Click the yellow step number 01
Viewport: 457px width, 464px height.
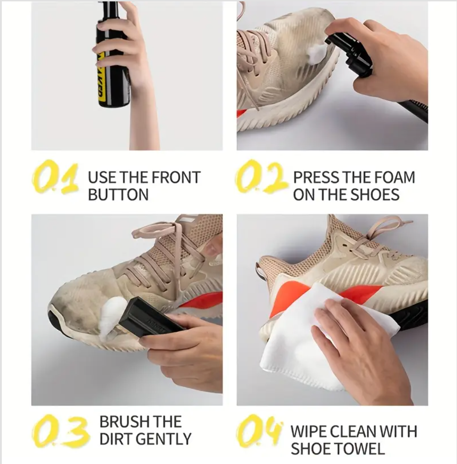tap(55, 177)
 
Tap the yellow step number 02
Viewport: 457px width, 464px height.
tap(261, 177)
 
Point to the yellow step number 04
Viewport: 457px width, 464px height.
tap(259, 432)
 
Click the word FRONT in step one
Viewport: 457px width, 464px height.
tap(176, 178)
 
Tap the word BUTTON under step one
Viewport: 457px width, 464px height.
tap(118, 195)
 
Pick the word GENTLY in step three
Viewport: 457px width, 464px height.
tap(165, 439)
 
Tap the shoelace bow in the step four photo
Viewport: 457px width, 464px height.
tap(381, 231)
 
